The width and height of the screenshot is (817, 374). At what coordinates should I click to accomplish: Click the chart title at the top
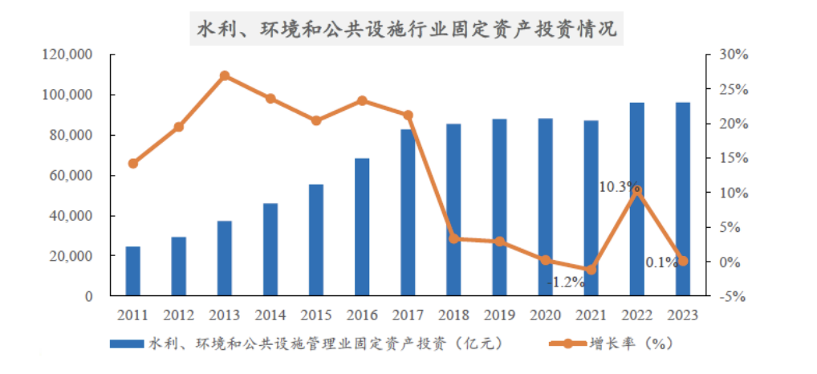[408, 29]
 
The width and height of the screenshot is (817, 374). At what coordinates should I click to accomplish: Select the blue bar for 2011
[133, 271]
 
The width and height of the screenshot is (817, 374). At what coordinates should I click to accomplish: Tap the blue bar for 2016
[362, 227]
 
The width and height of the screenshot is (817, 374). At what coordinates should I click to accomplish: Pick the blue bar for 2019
[499, 207]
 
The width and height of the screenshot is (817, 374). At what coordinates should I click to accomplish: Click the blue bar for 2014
[270, 250]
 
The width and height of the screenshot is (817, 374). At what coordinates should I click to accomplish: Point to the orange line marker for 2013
[225, 75]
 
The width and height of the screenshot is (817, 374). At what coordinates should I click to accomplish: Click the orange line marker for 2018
[453, 238]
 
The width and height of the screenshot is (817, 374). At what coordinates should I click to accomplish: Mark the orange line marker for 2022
[636, 191]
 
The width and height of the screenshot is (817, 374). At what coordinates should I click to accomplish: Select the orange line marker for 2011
[133, 164]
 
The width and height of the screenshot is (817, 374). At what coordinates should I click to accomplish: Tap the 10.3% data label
[617, 186]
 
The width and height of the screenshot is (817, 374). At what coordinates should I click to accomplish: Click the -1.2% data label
[566, 283]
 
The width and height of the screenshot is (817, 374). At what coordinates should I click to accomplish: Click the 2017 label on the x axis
[408, 315]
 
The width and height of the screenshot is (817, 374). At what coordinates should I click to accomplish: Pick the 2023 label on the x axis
[682, 315]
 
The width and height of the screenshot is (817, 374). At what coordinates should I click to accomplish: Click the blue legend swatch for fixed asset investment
[127, 344]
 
